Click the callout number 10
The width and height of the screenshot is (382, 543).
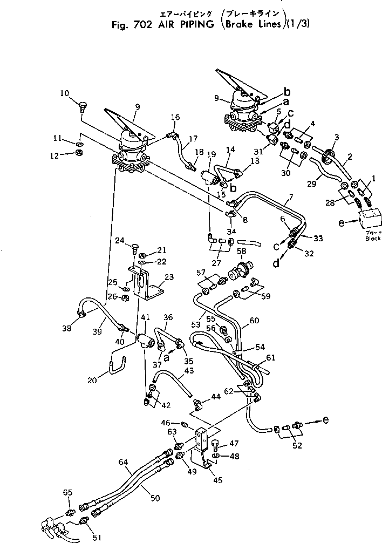(64, 93)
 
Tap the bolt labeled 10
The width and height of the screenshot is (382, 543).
(83, 105)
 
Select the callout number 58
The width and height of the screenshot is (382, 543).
(241, 252)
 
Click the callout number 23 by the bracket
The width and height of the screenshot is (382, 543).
(169, 277)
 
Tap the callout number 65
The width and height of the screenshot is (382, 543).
(67, 492)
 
